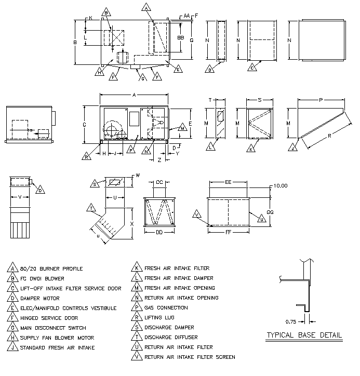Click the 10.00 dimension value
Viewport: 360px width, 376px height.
point(281,185)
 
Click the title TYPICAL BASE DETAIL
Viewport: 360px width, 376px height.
point(304,335)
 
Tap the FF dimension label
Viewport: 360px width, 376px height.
point(228,233)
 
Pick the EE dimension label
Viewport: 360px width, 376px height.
point(228,182)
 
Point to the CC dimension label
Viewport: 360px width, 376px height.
point(159,182)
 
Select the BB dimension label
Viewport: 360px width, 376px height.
point(181,37)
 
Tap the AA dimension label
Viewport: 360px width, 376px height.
point(186,16)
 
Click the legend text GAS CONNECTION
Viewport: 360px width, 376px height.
point(166,308)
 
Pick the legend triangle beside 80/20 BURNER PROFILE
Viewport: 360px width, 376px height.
point(11,268)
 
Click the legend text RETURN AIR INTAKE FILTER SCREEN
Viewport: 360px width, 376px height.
point(190,357)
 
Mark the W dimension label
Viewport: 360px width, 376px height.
point(137,176)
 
